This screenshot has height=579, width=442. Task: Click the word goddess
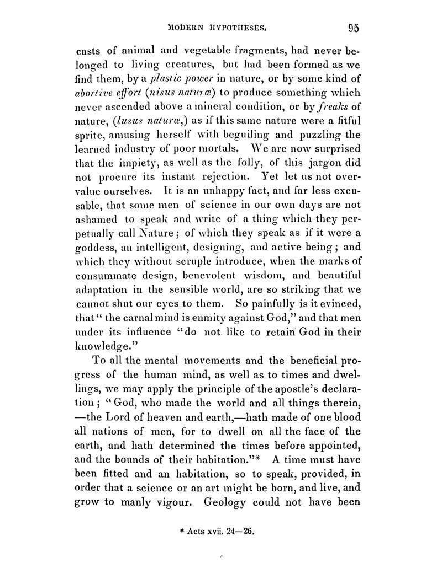click(x=94, y=244)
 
